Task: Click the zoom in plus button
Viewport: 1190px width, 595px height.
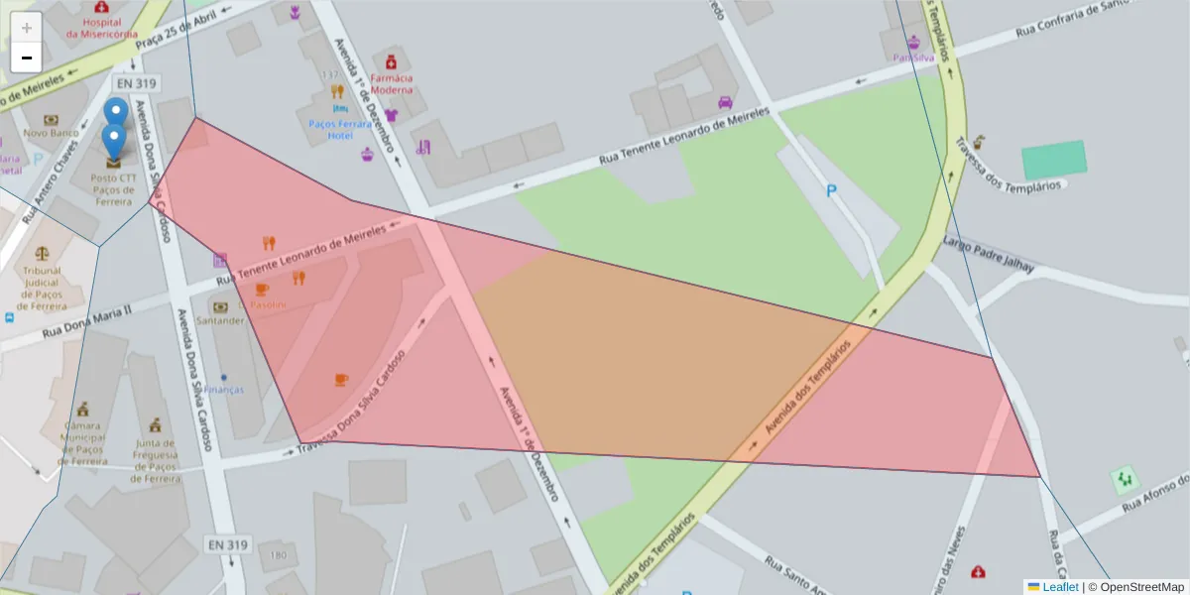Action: coord(26,28)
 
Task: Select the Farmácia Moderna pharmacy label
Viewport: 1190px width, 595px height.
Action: coord(391,83)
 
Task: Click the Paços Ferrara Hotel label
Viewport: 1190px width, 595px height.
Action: coord(339,129)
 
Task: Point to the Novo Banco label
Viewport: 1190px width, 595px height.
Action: coord(51,132)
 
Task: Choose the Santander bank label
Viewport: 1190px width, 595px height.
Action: coord(220,320)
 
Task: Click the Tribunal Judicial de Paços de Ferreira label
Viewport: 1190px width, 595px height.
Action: coord(42,288)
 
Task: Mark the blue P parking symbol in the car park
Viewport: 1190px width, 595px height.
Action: coord(831,190)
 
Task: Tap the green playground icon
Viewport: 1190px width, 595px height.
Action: coord(1124,481)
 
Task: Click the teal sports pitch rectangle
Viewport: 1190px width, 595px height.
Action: coord(1054,160)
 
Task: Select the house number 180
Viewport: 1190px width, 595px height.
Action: coord(278,555)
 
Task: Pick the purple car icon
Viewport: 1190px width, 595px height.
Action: coord(725,101)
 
